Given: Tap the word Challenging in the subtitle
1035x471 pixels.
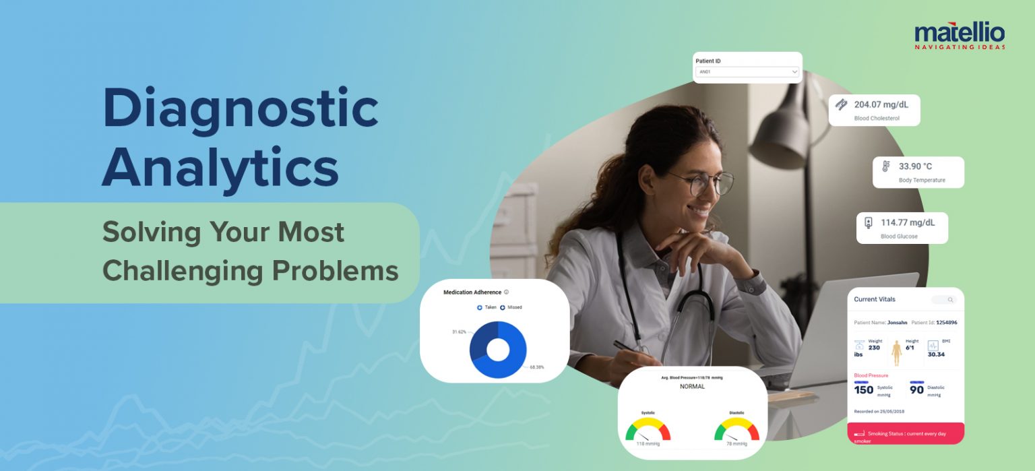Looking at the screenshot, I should [182, 270].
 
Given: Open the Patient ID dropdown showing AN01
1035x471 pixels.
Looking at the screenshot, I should [747, 71].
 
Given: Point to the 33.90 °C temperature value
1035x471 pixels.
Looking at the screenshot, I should [915, 166].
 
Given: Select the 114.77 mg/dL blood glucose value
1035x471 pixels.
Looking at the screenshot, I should [907, 222].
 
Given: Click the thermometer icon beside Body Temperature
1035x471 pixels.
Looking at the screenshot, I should [885, 166].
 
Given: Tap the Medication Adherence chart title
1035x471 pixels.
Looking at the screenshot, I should [472, 292].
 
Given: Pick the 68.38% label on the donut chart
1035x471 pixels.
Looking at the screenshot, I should [537, 367].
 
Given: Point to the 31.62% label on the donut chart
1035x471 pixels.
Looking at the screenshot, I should [459, 332].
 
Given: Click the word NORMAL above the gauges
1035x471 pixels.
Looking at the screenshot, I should [692, 387].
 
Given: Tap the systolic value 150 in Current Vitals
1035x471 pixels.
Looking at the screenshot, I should [863, 389].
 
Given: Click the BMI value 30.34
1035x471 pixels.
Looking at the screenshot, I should [936, 354].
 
